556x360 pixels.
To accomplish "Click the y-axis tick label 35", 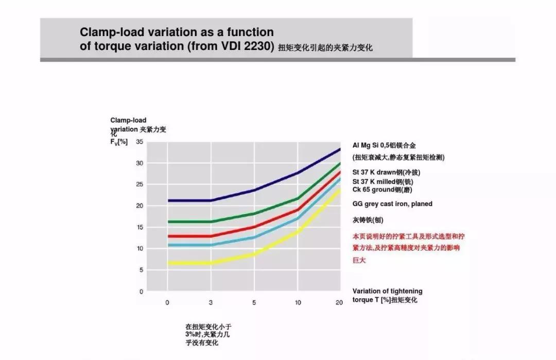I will click(140, 142).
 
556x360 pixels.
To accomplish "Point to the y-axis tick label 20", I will click(140, 205).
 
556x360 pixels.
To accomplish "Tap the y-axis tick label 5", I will click(141, 270).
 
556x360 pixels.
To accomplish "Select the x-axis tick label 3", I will click(211, 302).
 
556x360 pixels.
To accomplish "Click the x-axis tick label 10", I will click(298, 302).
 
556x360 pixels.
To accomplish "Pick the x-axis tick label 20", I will click(339, 302).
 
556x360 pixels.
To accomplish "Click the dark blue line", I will click(232, 195).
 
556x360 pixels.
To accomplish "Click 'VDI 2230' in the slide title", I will click(243, 46).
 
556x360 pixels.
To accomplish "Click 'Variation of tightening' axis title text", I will click(387, 292).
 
